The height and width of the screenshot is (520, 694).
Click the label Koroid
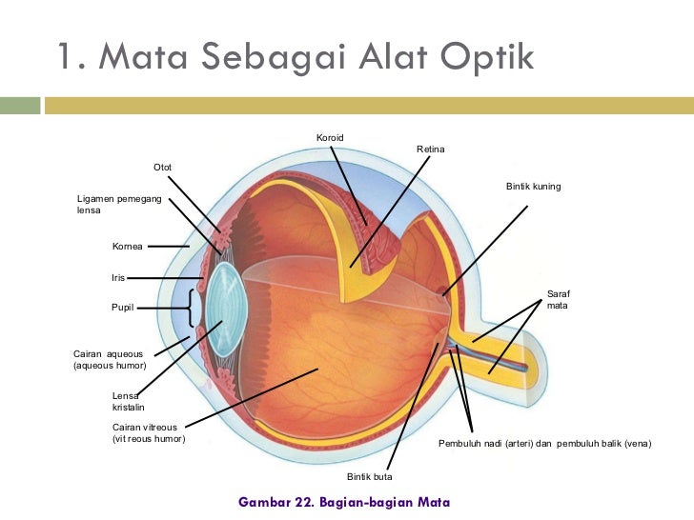coord(330,139)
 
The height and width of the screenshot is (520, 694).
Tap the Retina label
coord(431,150)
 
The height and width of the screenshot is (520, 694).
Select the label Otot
coord(163,168)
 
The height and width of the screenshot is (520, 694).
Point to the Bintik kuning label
coord(533,187)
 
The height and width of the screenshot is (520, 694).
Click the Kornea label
coord(127,247)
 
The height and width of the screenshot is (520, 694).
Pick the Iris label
coord(118,278)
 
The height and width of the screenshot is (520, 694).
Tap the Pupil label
coord(124,308)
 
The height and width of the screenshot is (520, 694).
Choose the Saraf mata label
coord(558,299)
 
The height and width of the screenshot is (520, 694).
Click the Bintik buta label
coord(369,475)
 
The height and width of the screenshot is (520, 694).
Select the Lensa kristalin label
coord(128,401)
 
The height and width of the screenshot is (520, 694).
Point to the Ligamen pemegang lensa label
coord(118,203)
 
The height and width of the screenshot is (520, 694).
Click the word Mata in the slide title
coord(140,58)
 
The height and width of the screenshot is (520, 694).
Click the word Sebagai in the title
coord(283,58)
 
